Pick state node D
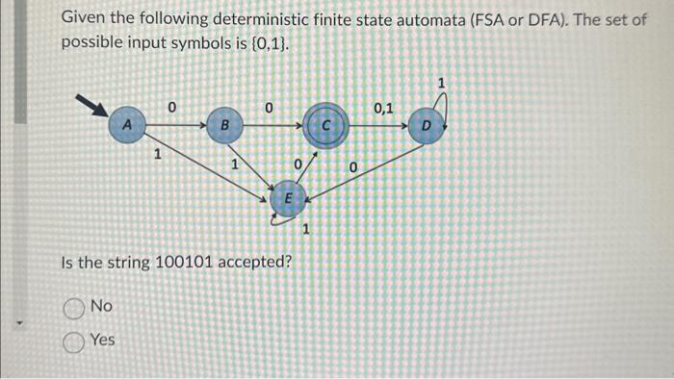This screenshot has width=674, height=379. coord(427,126)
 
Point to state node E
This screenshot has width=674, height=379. coord(286,198)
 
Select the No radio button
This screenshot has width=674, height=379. coord(73,307)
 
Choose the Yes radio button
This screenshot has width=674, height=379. coord(73,340)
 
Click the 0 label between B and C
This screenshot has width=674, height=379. coord(270,108)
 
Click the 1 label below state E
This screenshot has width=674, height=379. coord(306,229)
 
